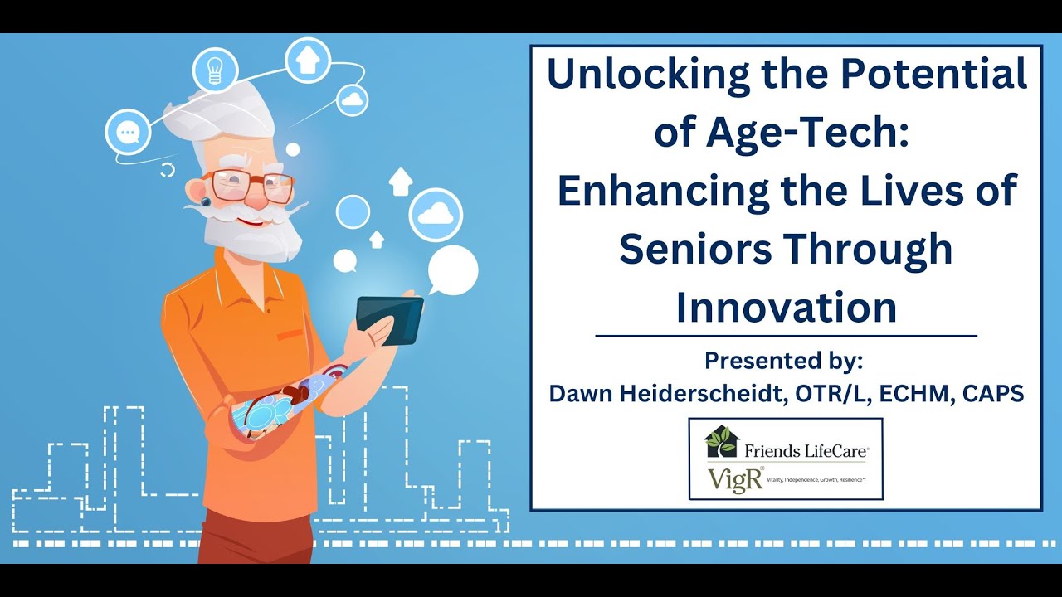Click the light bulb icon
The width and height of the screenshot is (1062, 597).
click(215, 70)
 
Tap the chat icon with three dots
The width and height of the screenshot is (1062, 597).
click(128, 133)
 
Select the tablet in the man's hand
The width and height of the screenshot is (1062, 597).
click(389, 320)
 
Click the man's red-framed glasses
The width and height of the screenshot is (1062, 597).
click(249, 185)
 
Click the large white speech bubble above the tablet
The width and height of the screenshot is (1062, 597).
click(453, 271)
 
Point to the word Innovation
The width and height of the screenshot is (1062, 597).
click(786, 308)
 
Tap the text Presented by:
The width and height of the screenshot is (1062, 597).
click(784, 361)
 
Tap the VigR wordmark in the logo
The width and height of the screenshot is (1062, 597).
click(735, 480)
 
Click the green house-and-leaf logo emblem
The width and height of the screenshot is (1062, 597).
click(720, 441)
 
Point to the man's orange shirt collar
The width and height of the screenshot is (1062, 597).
click(249, 269)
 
